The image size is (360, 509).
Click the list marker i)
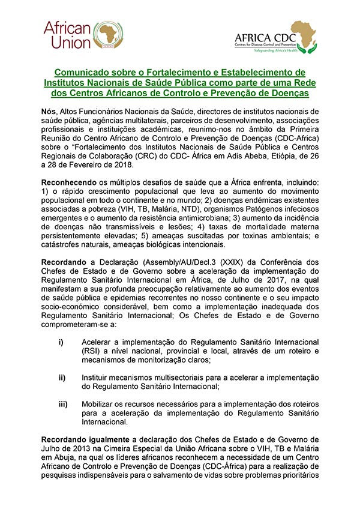[x=61, y=342]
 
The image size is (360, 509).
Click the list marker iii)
[x=62, y=404]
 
